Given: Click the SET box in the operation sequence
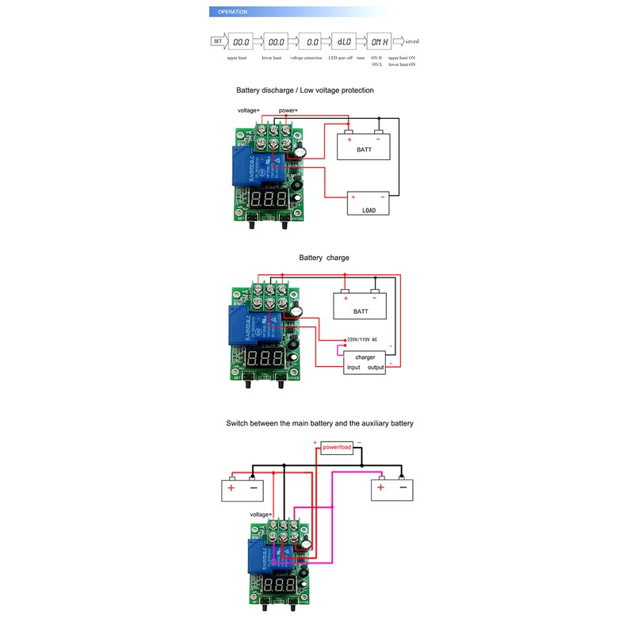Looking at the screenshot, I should (x=217, y=41).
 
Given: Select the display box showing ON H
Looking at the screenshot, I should (x=380, y=41).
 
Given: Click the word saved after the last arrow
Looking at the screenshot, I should (x=412, y=41).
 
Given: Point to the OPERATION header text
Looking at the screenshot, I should (x=232, y=12).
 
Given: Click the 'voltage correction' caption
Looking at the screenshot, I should (x=306, y=58).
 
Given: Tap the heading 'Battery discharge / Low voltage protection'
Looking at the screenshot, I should (x=305, y=90).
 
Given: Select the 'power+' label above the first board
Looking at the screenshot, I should (x=288, y=110).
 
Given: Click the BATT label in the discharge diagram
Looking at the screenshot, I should (x=364, y=149).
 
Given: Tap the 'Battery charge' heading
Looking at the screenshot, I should (x=324, y=258).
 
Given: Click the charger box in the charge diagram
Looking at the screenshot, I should (x=365, y=362).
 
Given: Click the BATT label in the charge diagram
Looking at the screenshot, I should (x=361, y=311).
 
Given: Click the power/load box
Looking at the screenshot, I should (x=337, y=448).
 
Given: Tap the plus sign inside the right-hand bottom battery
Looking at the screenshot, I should (x=381, y=488).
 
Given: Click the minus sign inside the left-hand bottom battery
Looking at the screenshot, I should (x=254, y=488).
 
